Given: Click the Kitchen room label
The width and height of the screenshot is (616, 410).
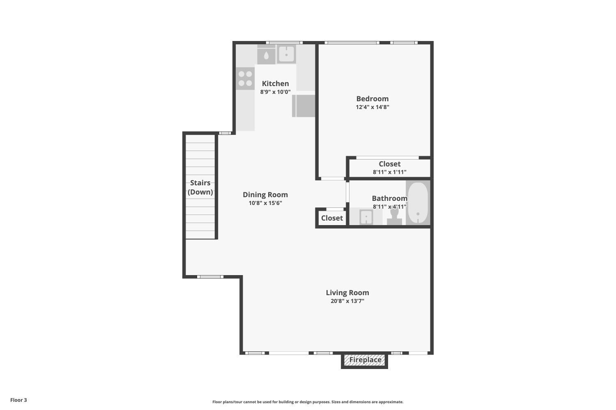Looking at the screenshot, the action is [x=275, y=84].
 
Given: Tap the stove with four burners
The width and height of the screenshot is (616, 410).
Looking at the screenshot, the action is [x=245, y=79].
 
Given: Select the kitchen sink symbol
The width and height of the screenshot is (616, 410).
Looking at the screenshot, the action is [x=286, y=55].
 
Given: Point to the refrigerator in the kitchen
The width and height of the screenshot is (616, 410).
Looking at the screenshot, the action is [x=303, y=106].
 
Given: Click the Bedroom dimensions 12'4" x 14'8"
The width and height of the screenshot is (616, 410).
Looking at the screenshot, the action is [x=372, y=107].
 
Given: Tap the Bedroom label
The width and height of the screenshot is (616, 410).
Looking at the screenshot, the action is [x=372, y=98].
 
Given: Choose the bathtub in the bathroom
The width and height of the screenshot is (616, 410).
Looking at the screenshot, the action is [x=418, y=203].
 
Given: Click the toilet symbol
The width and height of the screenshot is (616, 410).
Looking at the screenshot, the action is [x=394, y=216].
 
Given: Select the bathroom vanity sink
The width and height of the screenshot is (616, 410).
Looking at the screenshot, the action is [x=366, y=217].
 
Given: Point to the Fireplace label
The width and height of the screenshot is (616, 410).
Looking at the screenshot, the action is [x=365, y=360].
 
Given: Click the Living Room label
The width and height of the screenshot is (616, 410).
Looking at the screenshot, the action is [x=347, y=293].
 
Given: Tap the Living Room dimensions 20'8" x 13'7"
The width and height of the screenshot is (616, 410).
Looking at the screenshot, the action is [x=347, y=301].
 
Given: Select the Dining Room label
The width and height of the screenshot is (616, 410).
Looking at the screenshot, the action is [x=265, y=195].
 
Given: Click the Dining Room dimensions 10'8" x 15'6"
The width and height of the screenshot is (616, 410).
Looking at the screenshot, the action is [x=265, y=203].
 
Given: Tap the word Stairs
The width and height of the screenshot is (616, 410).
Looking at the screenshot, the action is [x=200, y=182].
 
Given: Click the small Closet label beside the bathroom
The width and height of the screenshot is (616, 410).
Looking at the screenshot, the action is [x=332, y=218].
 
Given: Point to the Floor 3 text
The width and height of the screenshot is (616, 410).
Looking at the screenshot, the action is [x=18, y=400].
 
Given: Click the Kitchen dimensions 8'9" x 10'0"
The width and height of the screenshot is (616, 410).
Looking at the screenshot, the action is [x=275, y=92].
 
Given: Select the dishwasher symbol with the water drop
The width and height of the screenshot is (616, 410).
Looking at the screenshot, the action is [x=266, y=55].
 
